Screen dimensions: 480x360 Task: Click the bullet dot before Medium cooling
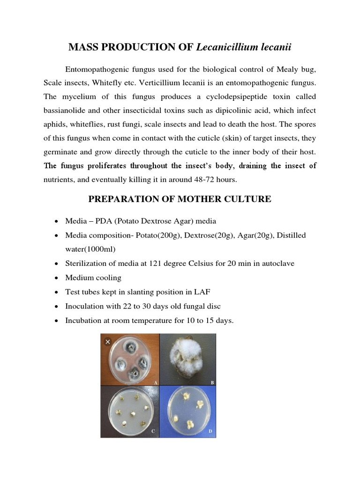(57, 278)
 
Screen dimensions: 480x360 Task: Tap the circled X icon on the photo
(108, 342)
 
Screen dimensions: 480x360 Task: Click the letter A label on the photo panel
(155, 382)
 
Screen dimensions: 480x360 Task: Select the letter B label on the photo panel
(212, 382)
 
